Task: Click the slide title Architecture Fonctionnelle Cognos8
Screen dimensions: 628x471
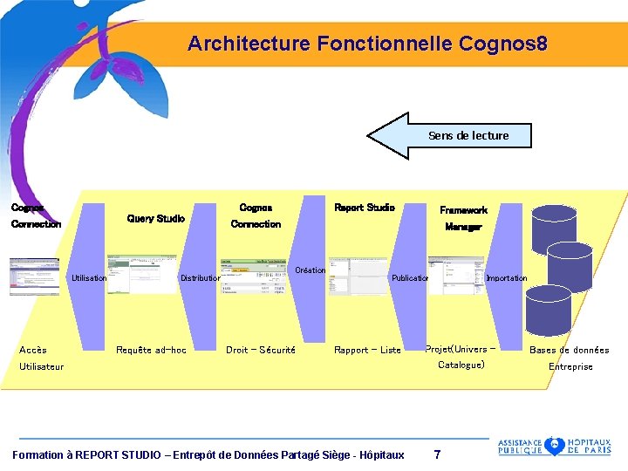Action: pyautogui.click(x=367, y=43)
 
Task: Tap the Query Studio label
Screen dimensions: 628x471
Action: pyautogui.click(x=155, y=218)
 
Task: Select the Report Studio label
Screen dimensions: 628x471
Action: pyautogui.click(x=364, y=208)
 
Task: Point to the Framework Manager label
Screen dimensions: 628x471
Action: pyautogui.click(x=463, y=218)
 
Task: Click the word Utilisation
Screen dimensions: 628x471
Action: pyautogui.click(x=89, y=278)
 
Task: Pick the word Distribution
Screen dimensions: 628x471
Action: pyautogui.click(x=200, y=278)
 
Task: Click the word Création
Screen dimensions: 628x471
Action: pyautogui.click(x=310, y=270)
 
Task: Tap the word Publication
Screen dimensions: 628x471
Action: pyautogui.click(x=410, y=278)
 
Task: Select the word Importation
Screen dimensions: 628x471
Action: pyautogui.click(x=506, y=278)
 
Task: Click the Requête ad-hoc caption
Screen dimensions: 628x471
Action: pyautogui.click(x=151, y=350)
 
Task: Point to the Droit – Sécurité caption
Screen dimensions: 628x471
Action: pyautogui.click(x=260, y=350)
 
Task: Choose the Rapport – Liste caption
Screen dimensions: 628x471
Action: pyautogui.click(x=367, y=350)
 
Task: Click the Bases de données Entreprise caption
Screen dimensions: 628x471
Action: pyautogui.click(x=570, y=358)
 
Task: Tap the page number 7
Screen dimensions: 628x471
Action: pyautogui.click(x=437, y=454)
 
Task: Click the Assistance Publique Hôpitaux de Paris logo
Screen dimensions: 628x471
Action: pyautogui.click(x=554, y=446)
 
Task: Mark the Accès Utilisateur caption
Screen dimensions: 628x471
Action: pyautogui.click(x=41, y=358)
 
